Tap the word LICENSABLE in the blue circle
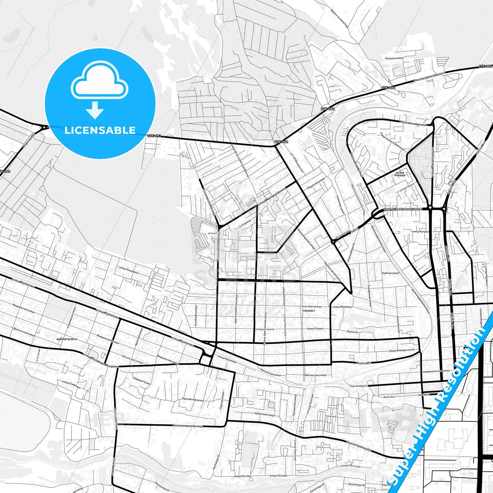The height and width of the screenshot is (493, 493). click(x=100, y=130)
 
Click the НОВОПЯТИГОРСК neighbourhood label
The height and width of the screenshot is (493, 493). click(x=66, y=340)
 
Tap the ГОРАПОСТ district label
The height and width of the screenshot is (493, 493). click(x=308, y=311)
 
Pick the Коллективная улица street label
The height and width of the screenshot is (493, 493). click(x=188, y=426)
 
